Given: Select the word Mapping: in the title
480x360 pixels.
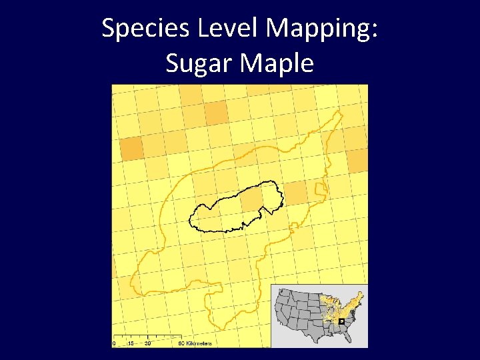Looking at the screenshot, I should (x=323, y=28).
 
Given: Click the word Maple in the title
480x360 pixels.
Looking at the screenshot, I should (x=279, y=63).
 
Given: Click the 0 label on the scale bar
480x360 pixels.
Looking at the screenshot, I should (x=114, y=343).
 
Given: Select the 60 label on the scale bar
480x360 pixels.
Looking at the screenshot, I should (x=181, y=343).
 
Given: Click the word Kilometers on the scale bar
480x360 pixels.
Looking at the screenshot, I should (x=199, y=343).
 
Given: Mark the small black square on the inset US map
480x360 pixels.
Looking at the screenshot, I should (x=341, y=321).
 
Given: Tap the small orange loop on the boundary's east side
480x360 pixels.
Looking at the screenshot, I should (x=321, y=193).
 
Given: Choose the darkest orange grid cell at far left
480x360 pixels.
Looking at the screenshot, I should (x=131, y=147).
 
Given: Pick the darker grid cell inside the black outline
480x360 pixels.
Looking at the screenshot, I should (x=251, y=199).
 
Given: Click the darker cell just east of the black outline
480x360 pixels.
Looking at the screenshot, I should (x=295, y=192).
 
